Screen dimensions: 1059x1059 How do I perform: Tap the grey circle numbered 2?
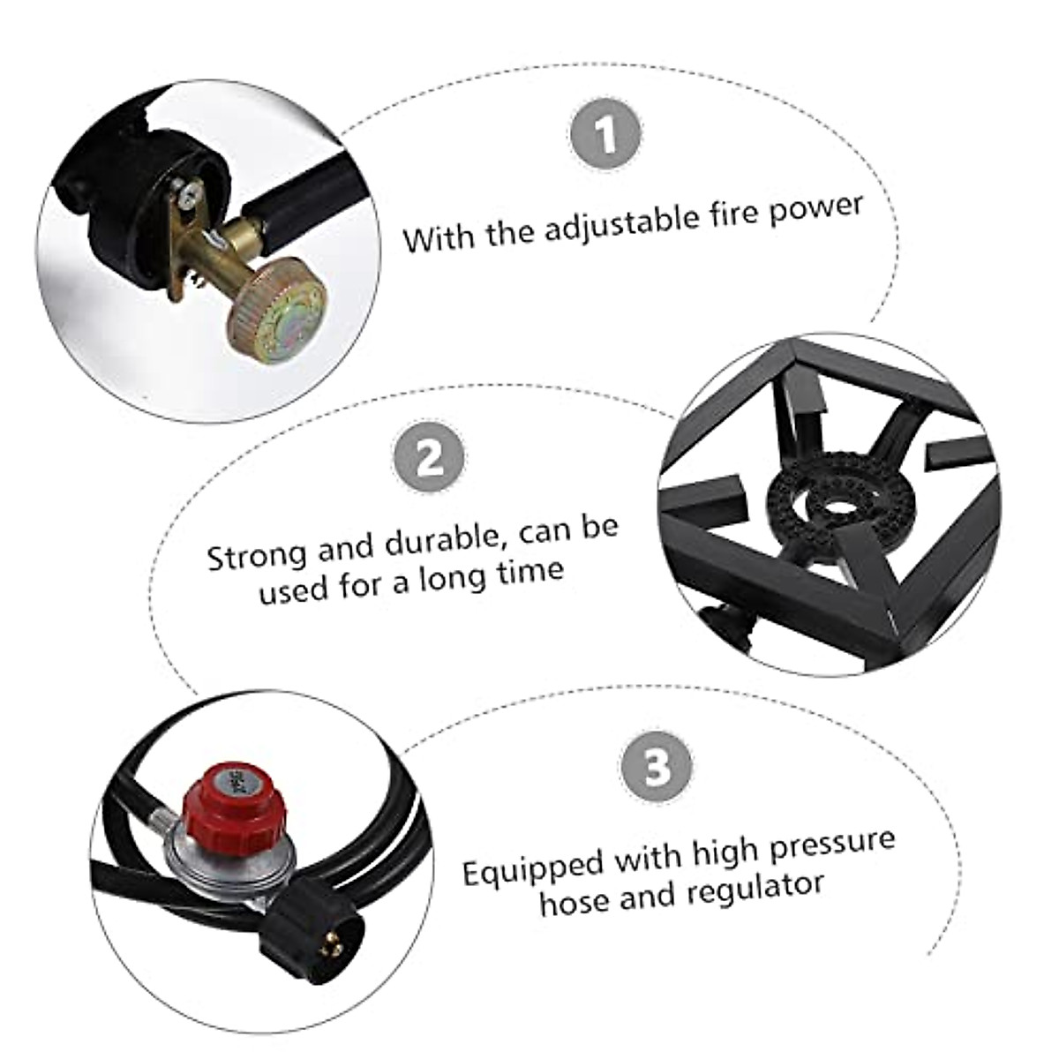pyautogui.click(x=430, y=456)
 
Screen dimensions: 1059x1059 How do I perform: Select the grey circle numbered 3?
pyautogui.click(x=656, y=766)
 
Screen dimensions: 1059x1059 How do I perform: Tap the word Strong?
pyautogui.click(x=256, y=555)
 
